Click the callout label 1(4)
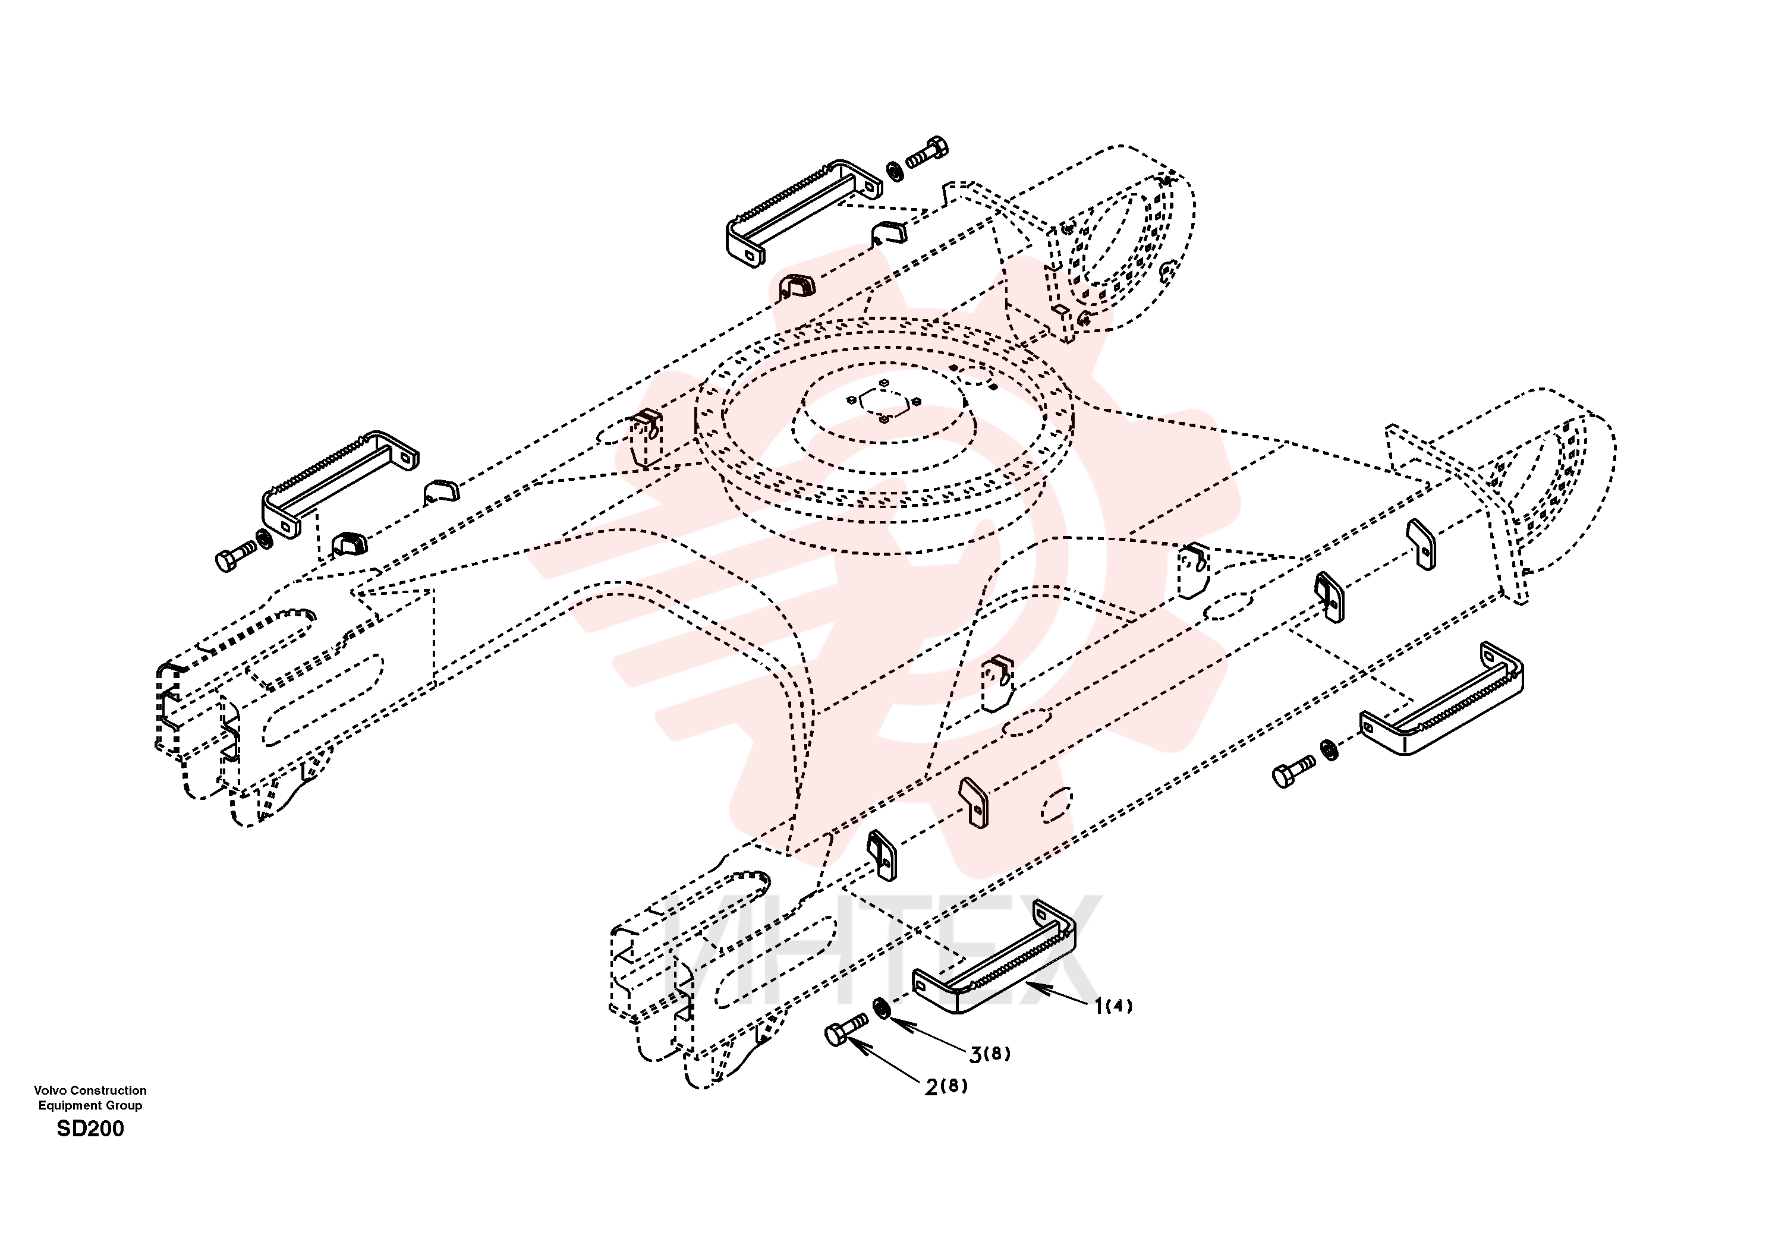pyautogui.click(x=1113, y=1006)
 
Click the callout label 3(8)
pyautogui.click(x=989, y=1054)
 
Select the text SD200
pyautogui.click(x=90, y=1129)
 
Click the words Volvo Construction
pyautogui.click(x=90, y=1090)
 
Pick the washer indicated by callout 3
pyautogui.click(x=881, y=1008)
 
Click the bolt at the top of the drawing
pyautogui.click(x=927, y=153)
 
